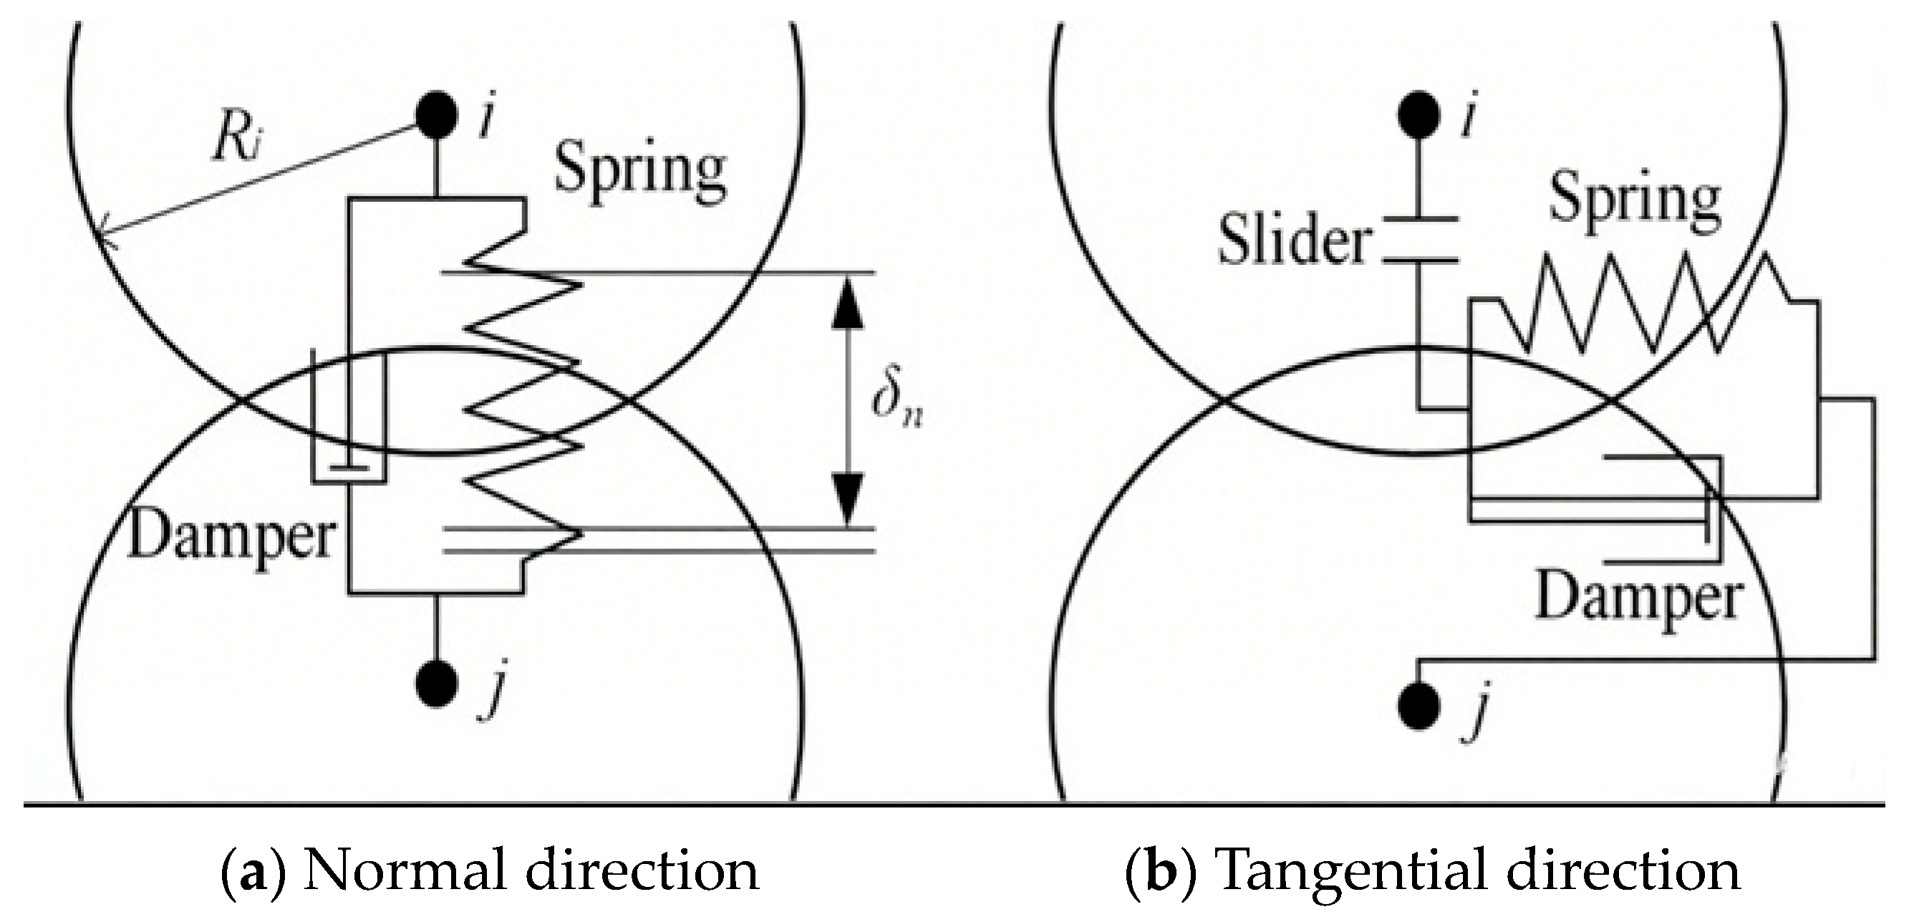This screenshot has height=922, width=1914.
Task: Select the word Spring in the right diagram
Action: coord(1634,200)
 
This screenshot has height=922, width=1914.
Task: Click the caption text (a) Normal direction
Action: coord(490,869)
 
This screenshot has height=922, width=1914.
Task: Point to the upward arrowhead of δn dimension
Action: coord(847,305)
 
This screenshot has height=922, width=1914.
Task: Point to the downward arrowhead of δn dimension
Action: coord(847,498)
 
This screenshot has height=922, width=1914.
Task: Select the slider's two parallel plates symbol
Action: coord(1419,240)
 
